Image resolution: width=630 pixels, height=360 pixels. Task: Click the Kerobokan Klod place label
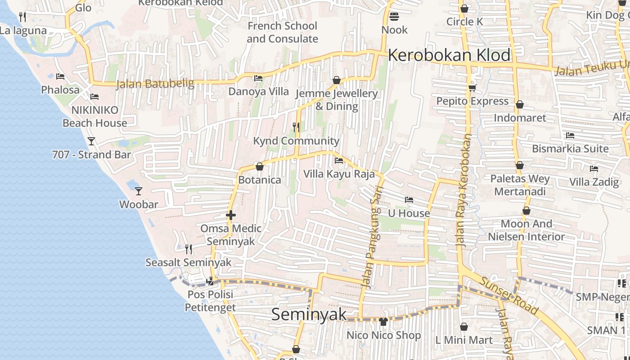pyautogui.click(x=449, y=55)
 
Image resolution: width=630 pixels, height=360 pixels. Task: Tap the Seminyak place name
pyautogui.click(x=309, y=314)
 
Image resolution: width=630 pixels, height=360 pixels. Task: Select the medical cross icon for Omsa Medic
pyautogui.click(x=231, y=216)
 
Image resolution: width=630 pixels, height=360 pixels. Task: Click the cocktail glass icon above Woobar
pyautogui.click(x=139, y=191)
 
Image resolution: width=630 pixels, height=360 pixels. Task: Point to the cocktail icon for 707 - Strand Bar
pyautogui.click(x=91, y=141)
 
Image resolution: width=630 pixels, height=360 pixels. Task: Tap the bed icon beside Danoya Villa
pyautogui.click(x=258, y=78)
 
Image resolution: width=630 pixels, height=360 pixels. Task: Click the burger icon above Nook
pyautogui.click(x=394, y=17)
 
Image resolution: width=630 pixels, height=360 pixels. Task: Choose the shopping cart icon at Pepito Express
pyautogui.click(x=472, y=88)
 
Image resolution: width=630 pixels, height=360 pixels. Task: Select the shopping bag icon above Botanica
pyautogui.click(x=260, y=167)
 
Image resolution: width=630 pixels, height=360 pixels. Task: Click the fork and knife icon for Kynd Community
pyautogui.click(x=296, y=127)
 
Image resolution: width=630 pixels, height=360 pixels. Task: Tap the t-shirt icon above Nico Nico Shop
pyautogui.click(x=383, y=321)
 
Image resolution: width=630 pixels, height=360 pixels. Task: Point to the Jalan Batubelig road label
pyautogui.click(x=155, y=84)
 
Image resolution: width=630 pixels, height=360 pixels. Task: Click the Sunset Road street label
pyautogui.click(x=509, y=296)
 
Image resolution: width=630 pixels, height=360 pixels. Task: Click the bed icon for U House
pyautogui.click(x=409, y=200)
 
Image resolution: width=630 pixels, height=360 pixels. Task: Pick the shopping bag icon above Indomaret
pyautogui.click(x=520, y=105)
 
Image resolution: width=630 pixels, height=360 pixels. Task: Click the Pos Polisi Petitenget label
pyautogui.click(x=210, y=301)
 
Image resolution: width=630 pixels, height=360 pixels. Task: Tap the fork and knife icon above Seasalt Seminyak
pyautogui.click(x=189, y=249)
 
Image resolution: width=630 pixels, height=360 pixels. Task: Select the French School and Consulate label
pyautogui.click(x=283, y=32)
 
